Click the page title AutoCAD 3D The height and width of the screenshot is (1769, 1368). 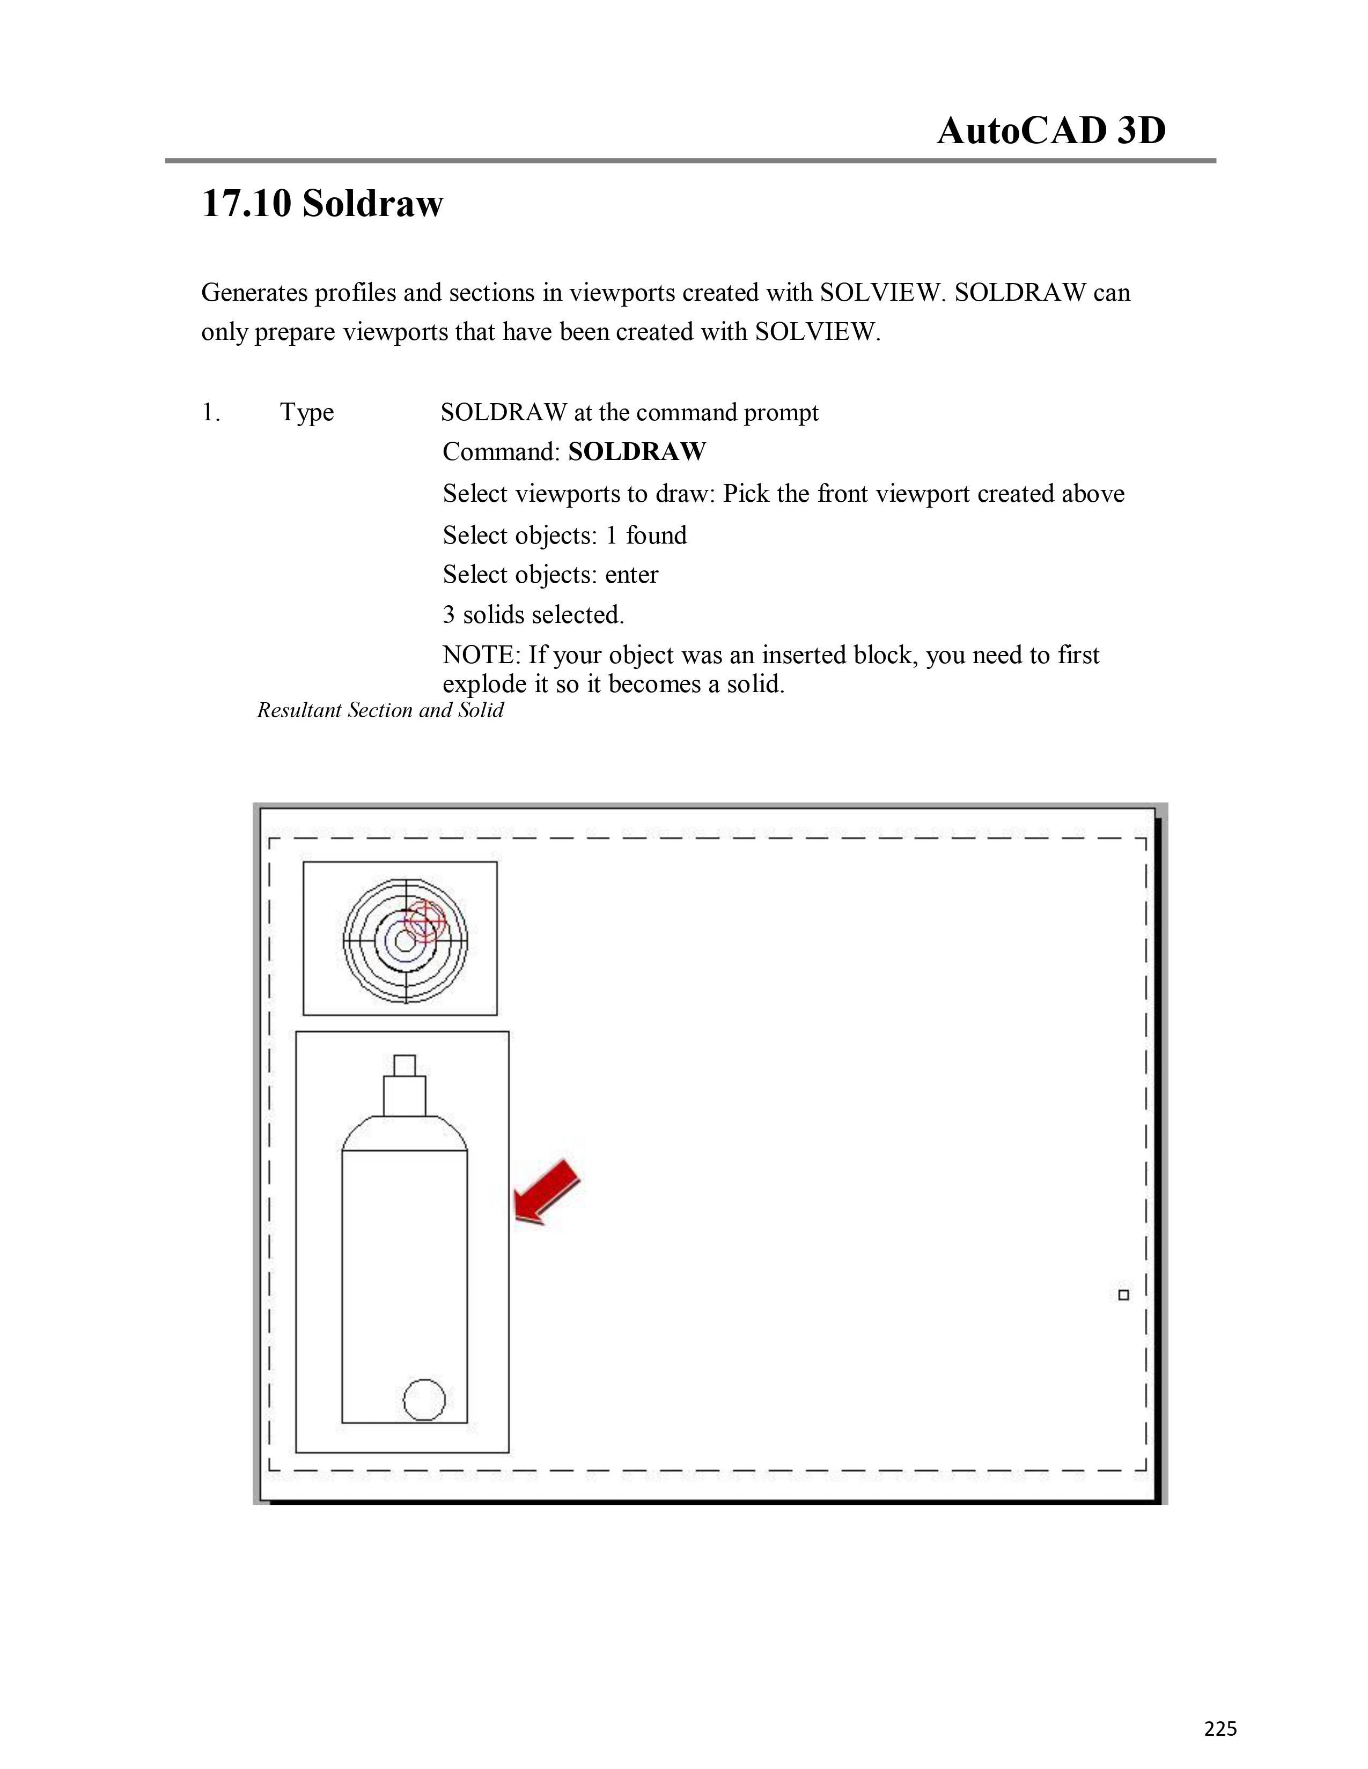point(1051,130)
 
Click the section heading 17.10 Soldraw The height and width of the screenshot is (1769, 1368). point(322,203)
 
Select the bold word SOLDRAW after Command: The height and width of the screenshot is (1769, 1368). point(637,451)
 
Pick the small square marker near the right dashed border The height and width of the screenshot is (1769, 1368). point(1123,1295)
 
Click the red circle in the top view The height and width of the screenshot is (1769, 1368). point(425,920)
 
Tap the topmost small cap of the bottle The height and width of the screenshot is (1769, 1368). point(404,1065)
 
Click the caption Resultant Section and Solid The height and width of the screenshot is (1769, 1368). point(380,710)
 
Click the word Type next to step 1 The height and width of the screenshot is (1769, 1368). point(307,413)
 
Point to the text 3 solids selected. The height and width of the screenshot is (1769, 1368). point(533,615)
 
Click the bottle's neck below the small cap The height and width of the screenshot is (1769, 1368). point(404,1096)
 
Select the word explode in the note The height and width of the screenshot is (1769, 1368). point(484,685)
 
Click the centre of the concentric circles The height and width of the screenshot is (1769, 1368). point(405,940)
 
